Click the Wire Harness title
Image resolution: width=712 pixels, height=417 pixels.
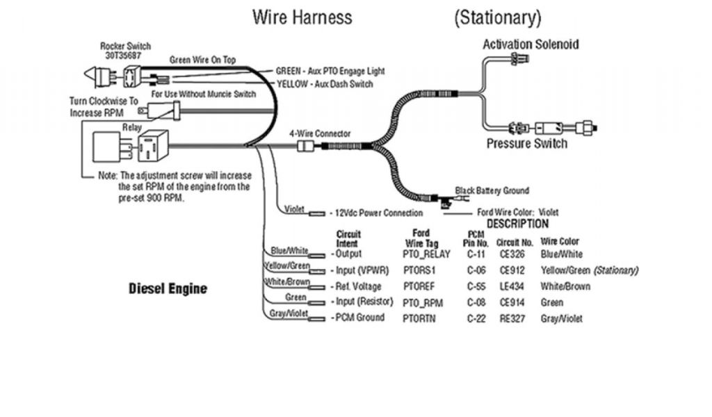point(302,17)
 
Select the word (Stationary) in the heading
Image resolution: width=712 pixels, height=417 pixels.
point(497,17)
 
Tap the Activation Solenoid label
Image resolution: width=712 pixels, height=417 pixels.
point(531,44)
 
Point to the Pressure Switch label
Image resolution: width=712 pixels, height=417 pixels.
point(526,144)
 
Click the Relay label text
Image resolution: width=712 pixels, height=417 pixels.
point(131,128)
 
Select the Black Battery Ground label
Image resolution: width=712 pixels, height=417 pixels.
point(492,190)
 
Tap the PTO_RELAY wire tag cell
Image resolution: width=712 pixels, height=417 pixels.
point(427,254)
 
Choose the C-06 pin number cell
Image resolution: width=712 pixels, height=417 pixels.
point(476,270)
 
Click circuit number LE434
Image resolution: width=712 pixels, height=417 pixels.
point(512,286)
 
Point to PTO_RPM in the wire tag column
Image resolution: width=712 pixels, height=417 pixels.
point(422,302)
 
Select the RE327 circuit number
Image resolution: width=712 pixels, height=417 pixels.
point(512,318)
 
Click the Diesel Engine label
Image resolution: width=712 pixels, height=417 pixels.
point(168,288)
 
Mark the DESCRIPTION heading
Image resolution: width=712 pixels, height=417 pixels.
point(517,224)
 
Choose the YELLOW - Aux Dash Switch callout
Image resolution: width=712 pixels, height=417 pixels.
point(324,84)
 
